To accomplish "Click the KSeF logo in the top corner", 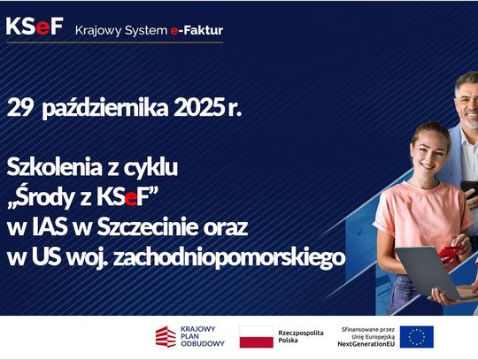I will click(35, 26).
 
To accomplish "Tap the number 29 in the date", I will click(19, 109).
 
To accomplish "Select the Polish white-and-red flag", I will click(256, 337).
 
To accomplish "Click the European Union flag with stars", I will click(416, 337).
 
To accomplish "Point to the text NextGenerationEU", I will click(367, 345).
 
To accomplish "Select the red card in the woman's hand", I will click(449, 252).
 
